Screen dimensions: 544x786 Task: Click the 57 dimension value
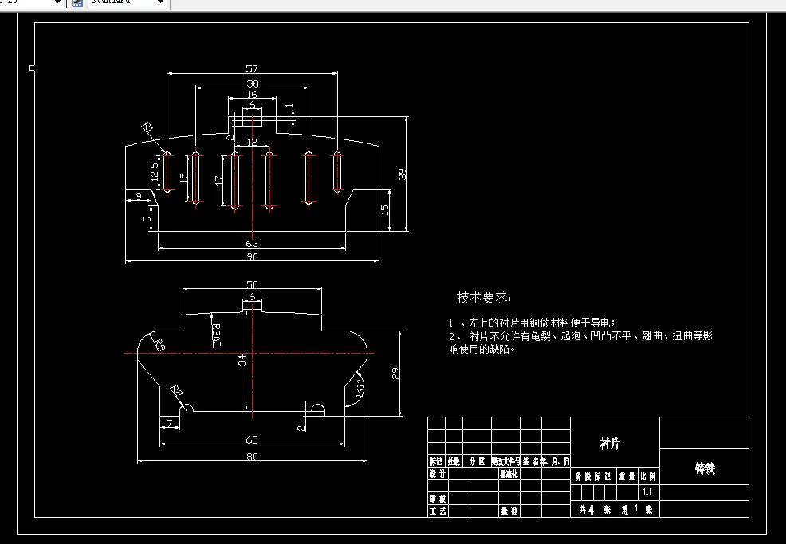click(x=252, y=68)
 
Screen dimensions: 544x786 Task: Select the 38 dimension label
click(x=252, y=84)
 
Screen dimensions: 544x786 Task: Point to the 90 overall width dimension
click(x=252, y=256)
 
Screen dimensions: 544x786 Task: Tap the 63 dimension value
click(x=252, y=243)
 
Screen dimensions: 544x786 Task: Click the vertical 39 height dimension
click(x=403, y=174)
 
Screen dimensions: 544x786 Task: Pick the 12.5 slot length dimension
click(x=155, y=171)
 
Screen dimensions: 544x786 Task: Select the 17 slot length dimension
click(x=219, y=180)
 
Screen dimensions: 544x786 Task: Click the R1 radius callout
click(x=148, y=128)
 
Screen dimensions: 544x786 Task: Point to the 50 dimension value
click(x=252, y=284)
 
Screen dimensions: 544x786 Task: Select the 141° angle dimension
click(x=360, y=389)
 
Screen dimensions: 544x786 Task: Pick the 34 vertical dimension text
click(x=242, y=360)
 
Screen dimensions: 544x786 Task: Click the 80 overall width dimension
click(x=252, y=456)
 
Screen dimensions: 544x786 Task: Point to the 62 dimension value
click(x=252, y=439)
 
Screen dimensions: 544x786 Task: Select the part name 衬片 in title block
click(x=610, y=444)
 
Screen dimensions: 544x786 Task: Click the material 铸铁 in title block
click(x=705, y=468)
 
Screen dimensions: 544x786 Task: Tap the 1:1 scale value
click(x=646, y=493)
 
